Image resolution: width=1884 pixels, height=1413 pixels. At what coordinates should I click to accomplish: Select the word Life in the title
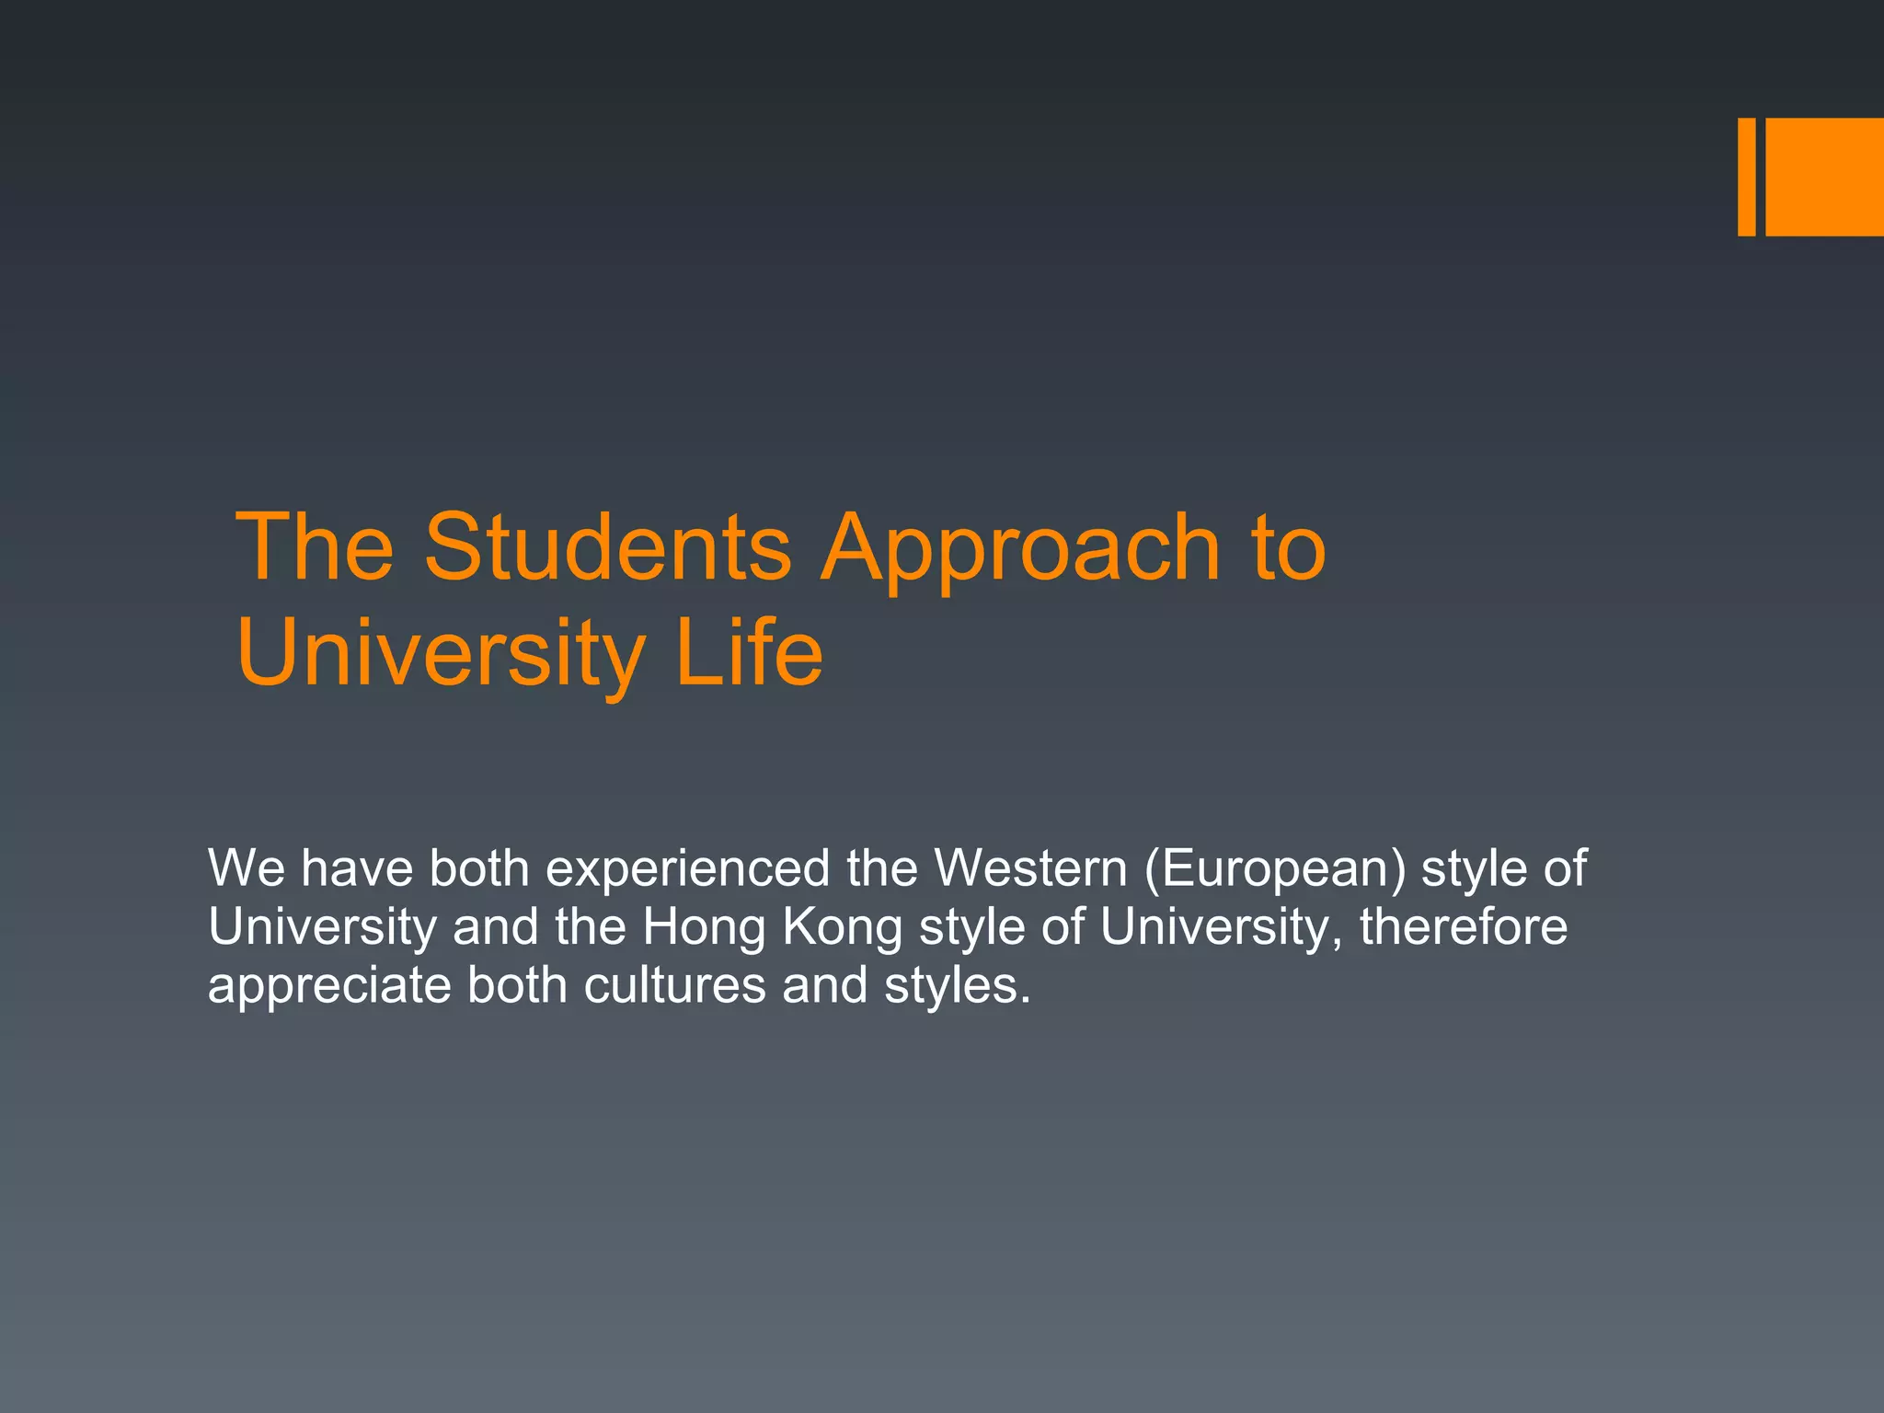point(749,652)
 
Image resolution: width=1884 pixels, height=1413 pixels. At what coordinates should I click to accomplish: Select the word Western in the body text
point(1030,867)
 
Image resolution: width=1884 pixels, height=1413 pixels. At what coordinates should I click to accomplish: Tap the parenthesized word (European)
point(1275,869)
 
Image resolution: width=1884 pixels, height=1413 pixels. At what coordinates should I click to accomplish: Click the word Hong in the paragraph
point(704,927)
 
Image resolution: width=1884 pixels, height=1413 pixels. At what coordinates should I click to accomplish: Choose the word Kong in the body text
point(843,927)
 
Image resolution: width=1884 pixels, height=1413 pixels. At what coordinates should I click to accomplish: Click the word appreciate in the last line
point(329,986)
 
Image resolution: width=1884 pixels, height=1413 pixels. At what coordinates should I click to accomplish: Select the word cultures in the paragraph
point(674,984)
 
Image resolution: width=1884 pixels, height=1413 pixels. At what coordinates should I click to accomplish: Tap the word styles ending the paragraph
point(957,986)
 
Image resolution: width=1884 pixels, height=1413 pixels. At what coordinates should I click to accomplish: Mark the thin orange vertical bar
point(1746,177)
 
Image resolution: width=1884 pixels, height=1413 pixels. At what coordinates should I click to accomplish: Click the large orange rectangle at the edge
point(1824,177)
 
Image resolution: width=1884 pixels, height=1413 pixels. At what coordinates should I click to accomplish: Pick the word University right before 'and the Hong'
point(322,927)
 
